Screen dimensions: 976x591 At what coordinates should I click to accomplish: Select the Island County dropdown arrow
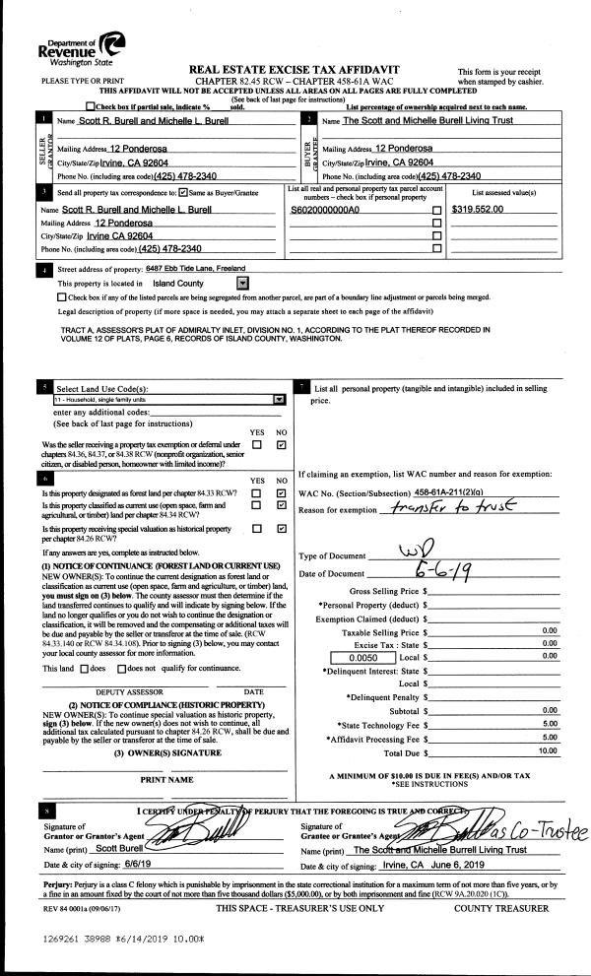point(242,282)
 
